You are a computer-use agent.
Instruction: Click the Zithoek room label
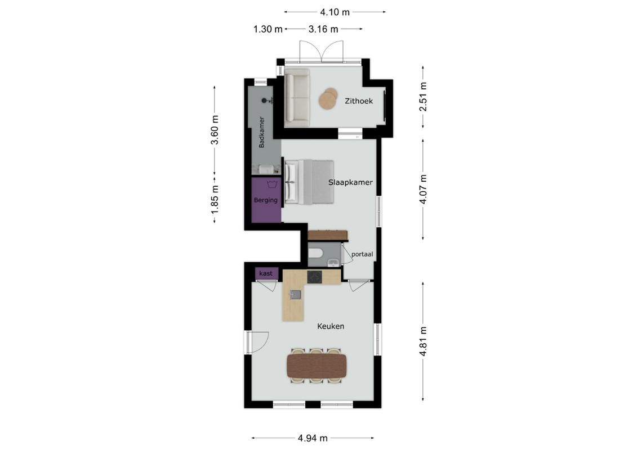359,101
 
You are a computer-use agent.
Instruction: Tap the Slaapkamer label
350,183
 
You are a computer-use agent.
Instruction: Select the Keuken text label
331,326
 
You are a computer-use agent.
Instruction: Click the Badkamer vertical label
262,132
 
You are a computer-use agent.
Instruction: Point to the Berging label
266,200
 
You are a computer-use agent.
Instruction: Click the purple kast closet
266,273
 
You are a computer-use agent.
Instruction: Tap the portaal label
362,254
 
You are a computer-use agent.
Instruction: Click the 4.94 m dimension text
313,438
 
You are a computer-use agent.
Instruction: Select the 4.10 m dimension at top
335,12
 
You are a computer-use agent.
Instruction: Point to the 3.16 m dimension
323,29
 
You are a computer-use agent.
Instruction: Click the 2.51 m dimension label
424,97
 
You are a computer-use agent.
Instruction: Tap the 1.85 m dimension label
215,200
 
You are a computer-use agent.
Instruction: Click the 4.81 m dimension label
424,341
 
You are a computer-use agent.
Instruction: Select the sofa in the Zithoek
297,98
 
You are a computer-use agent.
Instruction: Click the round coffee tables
328,98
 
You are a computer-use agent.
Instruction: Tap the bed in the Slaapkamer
309,182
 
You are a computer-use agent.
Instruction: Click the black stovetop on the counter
314,277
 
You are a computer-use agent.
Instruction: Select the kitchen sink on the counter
295,295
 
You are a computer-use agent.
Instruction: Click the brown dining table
317,366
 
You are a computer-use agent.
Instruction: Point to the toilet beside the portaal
315,254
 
